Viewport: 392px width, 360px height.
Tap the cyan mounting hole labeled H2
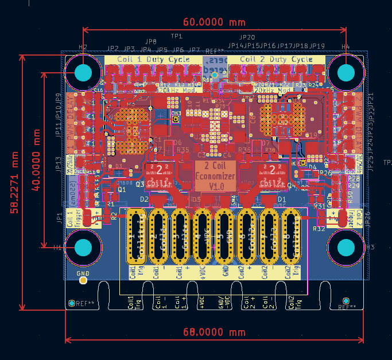click(x=83, y=73)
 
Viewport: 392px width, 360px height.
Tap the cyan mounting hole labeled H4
click(x=346, y=73)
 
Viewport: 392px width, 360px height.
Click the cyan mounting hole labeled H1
click(x=83, y=248)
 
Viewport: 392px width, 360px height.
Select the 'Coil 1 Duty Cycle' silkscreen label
click(x=153, y=59)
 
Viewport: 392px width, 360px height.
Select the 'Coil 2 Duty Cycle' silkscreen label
click(x=276, y=59)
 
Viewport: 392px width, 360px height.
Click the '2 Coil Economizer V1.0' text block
click(x=215, y=176)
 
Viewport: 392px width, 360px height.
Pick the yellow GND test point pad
click(x=84, y=280)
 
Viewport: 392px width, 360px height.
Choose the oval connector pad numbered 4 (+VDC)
click(x=203, y=236)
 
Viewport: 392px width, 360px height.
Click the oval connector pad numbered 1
click(x=135, y=236)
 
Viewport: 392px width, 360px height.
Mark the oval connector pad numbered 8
click(x=292, y=236)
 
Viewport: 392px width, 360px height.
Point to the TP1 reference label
click(x=176, y=36)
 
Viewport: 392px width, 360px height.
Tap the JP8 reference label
click(x=151, y=42)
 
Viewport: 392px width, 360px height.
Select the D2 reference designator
click(x=145, y=199)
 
